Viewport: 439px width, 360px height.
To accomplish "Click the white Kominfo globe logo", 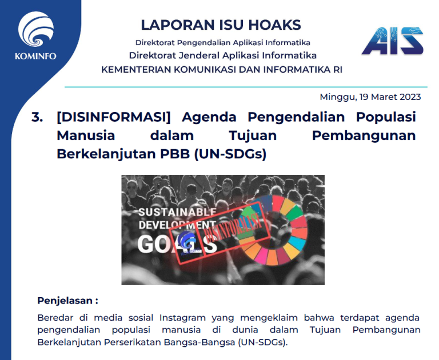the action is click(x=36, y=29).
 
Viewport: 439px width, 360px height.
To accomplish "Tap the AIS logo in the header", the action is click(x=393, y=41).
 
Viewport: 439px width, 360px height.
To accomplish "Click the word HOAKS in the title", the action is click(x=274, y=25).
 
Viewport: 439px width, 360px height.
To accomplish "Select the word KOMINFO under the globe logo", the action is click(x=35, y=56).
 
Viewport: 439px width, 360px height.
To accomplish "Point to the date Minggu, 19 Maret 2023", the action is click(x=370, y=97).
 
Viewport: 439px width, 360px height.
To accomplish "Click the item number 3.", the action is click(x=37, y=117).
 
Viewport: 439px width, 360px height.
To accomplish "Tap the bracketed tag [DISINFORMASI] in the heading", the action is click(x=113, y=117).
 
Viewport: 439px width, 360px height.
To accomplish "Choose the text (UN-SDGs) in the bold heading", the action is click(x=230, y=154).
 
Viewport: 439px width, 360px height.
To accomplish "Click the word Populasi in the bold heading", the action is click(x=386, y=117).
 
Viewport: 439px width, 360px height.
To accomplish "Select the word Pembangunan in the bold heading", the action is click(x=364, y=136).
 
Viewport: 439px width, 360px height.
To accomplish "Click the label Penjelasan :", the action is click(x=68, y=301).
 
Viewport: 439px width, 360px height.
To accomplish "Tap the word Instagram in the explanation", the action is click(x=182, y=318).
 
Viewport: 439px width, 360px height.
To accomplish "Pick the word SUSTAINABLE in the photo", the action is click(x=177, y=212).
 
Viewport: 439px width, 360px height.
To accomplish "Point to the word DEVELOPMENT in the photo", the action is click(x=177, y=225).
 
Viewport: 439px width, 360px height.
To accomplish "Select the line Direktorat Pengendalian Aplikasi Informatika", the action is click(x=223, y=42).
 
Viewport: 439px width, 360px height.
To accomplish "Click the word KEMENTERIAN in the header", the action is click(x=136, y=69).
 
